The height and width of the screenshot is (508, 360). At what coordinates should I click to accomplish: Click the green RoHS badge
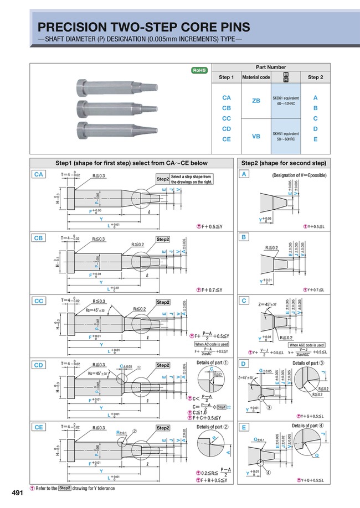point(199,70)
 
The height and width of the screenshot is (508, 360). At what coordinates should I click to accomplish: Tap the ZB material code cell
point(256,101)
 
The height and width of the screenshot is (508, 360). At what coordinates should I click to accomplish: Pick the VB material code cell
point(256,136)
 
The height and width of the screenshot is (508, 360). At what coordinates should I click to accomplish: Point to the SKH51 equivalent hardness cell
point(286,136)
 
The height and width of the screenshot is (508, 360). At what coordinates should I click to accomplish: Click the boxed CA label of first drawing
point(39,174)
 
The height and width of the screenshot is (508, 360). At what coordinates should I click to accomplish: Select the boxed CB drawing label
point(39,237)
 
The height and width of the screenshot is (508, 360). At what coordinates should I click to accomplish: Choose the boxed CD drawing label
point(39,365)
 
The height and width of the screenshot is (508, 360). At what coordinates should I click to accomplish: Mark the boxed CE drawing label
point(39,427)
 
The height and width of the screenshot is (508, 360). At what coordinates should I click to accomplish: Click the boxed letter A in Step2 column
point(244,174)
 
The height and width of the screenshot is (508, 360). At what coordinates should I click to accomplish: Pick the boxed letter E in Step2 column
point(244,427)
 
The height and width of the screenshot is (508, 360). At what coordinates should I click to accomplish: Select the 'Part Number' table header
point(270,65)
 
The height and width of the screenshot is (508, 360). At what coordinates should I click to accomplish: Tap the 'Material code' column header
point(256,77)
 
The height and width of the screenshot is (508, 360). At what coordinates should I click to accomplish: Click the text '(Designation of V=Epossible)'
point(299,175)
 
